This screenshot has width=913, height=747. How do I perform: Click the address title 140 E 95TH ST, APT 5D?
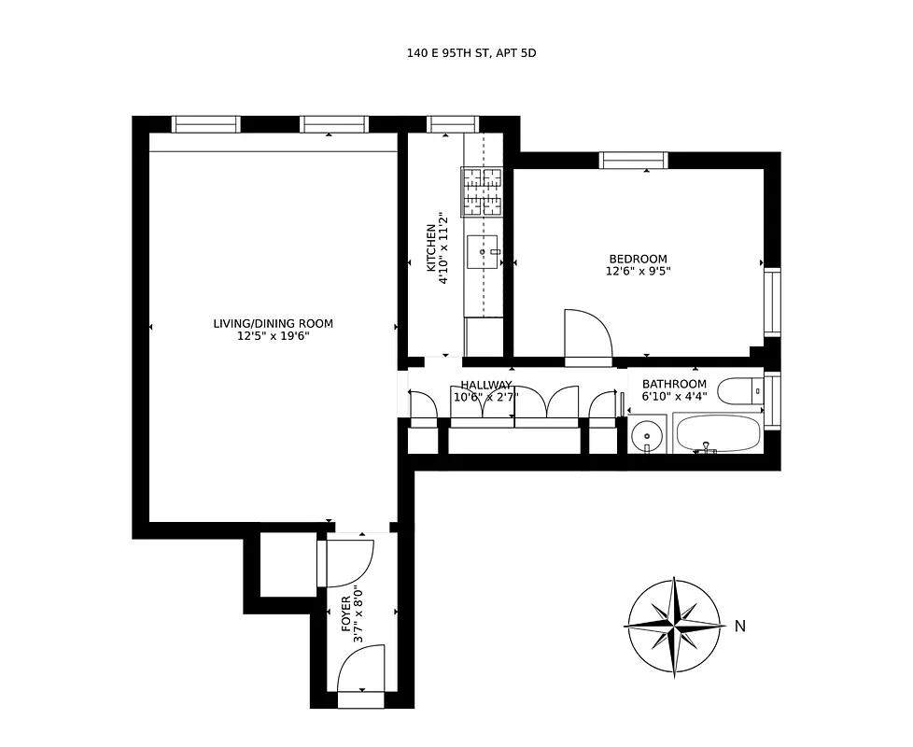tap(471, 53)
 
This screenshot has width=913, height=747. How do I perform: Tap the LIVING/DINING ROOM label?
tap(273, 324)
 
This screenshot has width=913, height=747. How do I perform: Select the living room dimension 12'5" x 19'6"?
tap(273, 336)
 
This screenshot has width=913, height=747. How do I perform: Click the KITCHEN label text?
tap(431, 247)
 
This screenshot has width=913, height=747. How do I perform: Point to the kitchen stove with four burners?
tap(482, 192)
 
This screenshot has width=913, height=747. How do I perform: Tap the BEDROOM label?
tap(638, 260)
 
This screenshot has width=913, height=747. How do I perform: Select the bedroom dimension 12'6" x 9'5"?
tap(638, 272)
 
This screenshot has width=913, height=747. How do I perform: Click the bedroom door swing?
tap(587, 335)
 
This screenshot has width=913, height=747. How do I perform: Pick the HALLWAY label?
tap(485, 385)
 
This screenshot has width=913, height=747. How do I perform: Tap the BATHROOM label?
tap(674, 385)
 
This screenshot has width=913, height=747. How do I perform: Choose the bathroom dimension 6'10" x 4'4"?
tap(674, 397)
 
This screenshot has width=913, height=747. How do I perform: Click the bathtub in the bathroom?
tap(717, 434)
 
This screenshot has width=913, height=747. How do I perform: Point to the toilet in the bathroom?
tap(743, 388)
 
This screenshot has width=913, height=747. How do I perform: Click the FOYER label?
tap(346, 613)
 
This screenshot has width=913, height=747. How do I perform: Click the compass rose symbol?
tap(674, 626)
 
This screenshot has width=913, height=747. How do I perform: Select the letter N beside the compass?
tap(740, 627)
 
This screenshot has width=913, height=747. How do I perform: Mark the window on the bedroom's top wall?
tap(634, 161)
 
